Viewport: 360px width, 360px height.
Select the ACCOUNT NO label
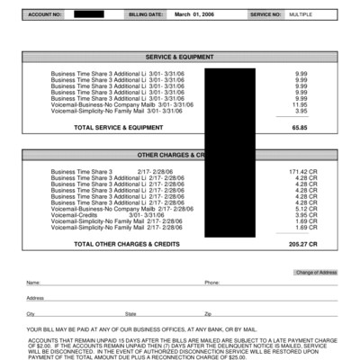(44, 15)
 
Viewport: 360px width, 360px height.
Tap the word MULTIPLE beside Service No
(301, 15)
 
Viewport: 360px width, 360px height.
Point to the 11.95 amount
(300, 104)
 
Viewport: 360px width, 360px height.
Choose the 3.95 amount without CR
(301, 111)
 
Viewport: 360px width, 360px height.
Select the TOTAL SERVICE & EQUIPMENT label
(118, 128)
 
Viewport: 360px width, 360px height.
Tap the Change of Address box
(316, 272)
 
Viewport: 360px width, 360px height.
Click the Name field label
(32, 283)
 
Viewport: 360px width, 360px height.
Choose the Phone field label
(211, 283)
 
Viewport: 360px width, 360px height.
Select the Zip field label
(208, 313)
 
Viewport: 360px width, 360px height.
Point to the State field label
(130, 313)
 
